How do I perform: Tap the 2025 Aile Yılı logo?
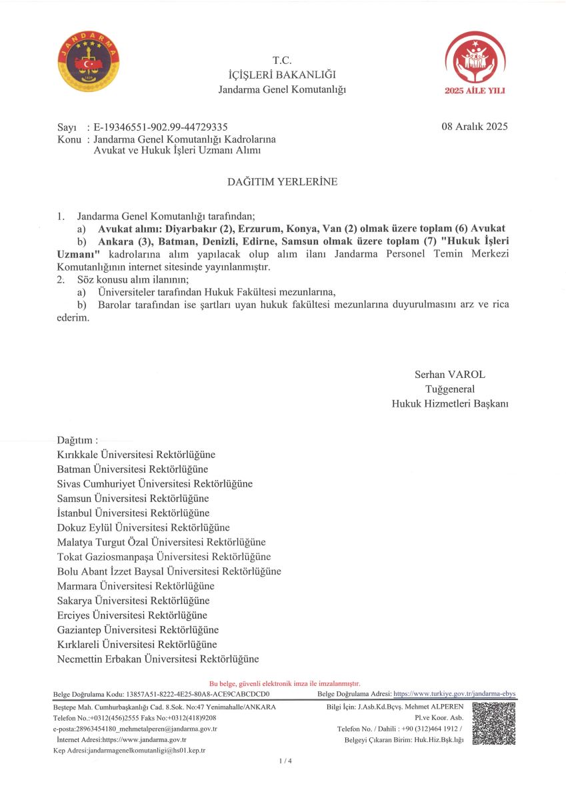tap(475, 61)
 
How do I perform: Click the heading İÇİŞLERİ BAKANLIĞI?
tap(282, 75)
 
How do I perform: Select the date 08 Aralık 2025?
tap(474, 127)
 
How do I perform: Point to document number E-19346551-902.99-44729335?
tap(161, 127)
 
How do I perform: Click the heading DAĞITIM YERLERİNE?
tap(283, 181)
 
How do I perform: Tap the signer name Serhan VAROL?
tap(450, 375)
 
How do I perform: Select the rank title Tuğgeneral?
tap(450, 389)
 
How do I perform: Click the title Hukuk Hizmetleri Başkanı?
tap(450, 403)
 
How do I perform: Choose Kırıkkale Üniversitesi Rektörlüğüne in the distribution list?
tap(136, 455)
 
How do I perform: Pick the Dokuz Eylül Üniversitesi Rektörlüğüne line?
tap(143, 527)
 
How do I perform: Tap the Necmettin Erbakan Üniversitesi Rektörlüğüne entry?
tap(158, 659)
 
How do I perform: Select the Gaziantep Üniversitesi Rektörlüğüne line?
tap(138, 630)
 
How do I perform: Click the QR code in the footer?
tap(494, 723)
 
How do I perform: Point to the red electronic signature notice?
tap(285, 683)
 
